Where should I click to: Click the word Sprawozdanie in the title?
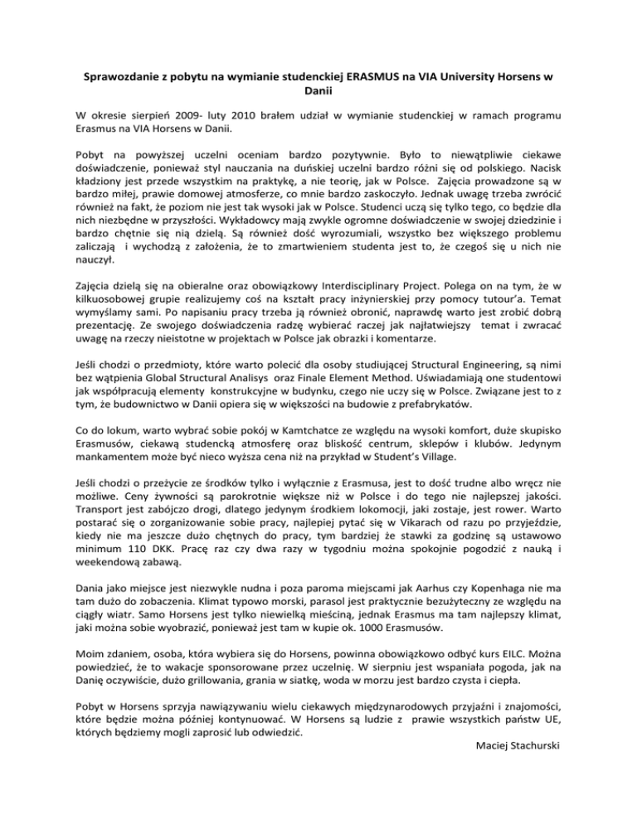point(123,78)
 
